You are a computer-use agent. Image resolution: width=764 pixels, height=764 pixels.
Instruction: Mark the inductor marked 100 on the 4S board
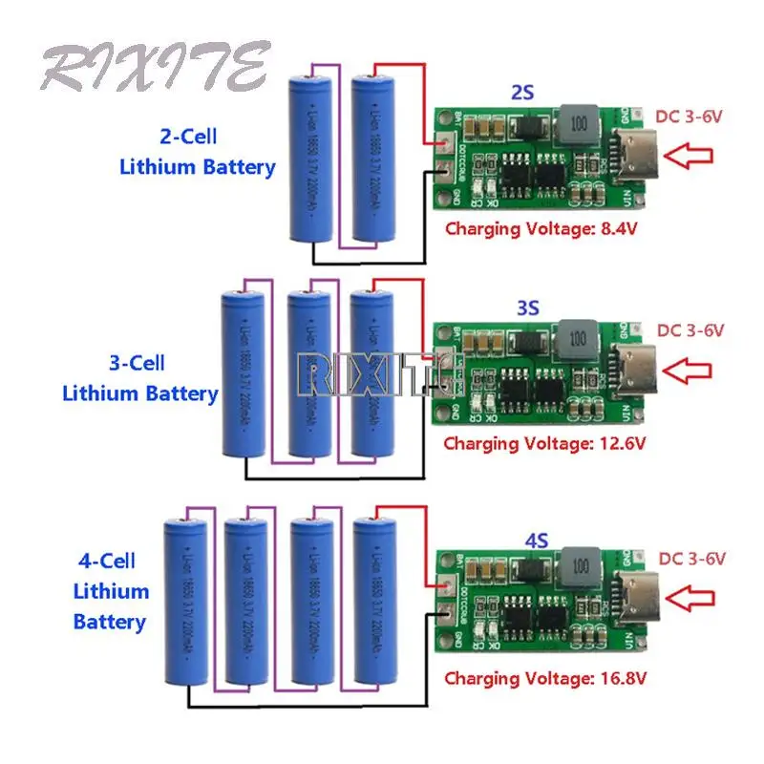(x=578, y=570)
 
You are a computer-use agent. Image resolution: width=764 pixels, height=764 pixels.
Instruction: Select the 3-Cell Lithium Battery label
(x=139, y=378)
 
